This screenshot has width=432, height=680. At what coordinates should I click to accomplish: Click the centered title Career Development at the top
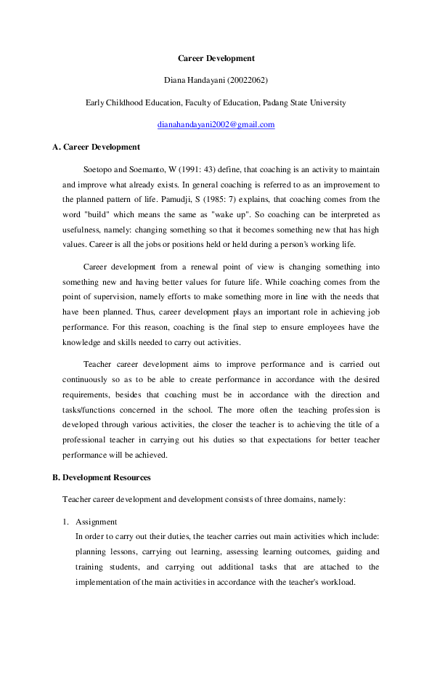click(216, 58)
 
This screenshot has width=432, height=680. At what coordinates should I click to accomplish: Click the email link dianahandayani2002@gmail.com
click(216, 125)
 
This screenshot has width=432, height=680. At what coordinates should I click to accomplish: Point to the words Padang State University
click(304, 102)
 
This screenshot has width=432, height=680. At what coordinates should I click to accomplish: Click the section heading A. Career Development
click(96, 147)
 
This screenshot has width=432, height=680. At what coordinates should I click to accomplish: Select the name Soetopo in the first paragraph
click(97, 169)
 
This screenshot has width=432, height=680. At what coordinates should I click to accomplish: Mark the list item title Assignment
click(96, 522)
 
